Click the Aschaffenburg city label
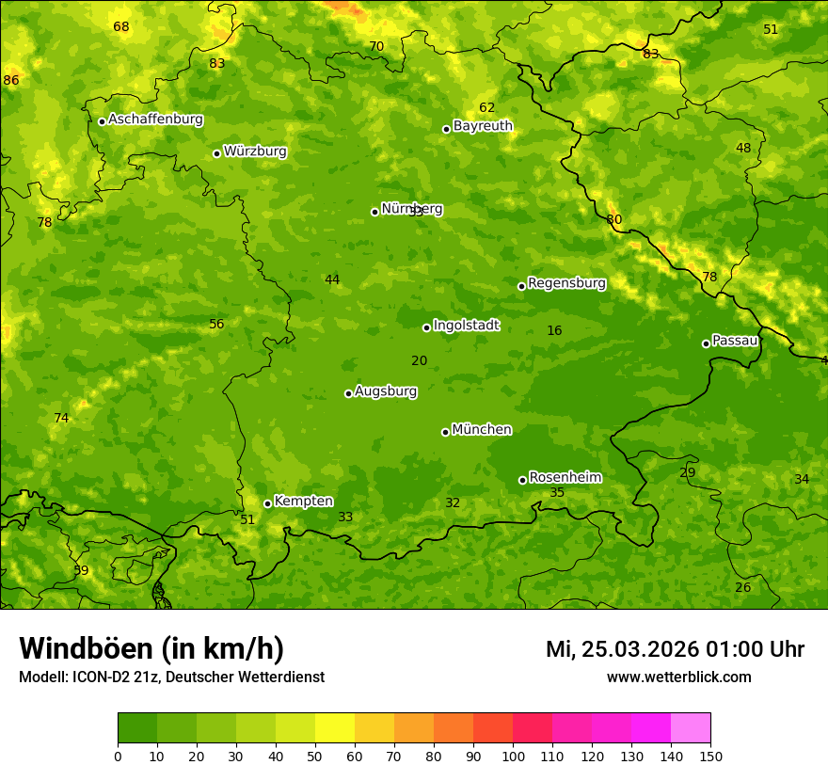pos(155,120)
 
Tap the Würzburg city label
pos(255,151)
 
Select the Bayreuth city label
pos(483,126)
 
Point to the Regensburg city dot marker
pos(521,286)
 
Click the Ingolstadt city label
pos(466,326)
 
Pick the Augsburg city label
pos(386,391)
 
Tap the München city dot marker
pos(445,432)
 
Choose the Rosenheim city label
pos(565,478)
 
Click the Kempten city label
pos(303,502)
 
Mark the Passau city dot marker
pos(706,343)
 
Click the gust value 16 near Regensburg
pos(554,331)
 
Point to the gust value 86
pos(11,81)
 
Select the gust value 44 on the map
pos(332,280)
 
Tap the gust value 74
pos(61,419)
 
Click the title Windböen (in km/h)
pos(151,648)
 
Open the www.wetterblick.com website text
pos(678,677)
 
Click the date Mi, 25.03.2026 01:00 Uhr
pos(675,649)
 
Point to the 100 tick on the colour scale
pos(513,756)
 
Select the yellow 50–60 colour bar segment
pos(335,728)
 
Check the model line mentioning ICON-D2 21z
pos(171,677)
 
